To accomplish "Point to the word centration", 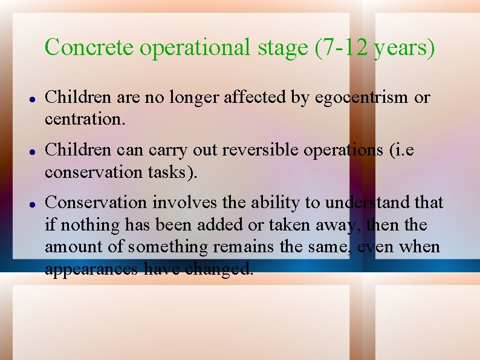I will tap(85, 120).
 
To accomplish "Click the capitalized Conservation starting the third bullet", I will tap(96, 202).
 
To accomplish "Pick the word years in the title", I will tap(404, 47).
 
